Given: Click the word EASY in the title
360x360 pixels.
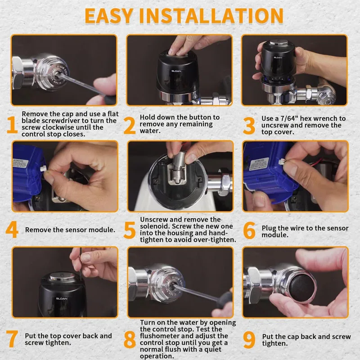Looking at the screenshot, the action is point(108,16).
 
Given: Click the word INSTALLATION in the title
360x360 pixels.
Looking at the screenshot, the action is point(211,16).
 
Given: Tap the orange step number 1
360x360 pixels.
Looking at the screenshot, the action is point(12,125).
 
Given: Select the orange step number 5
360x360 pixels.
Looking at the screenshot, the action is point(130,230).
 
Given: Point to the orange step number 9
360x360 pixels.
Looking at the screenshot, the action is point(249,340).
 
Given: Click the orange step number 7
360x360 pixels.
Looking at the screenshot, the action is point(12,339).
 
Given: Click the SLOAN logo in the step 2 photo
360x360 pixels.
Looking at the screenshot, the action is point(176,71).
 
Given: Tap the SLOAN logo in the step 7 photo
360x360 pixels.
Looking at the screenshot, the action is point(62,298).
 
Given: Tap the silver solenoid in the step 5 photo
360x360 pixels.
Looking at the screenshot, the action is point(178,168).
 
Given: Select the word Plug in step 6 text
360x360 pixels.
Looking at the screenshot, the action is point(269,229).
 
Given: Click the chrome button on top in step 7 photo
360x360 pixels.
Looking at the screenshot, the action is point(62,277).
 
